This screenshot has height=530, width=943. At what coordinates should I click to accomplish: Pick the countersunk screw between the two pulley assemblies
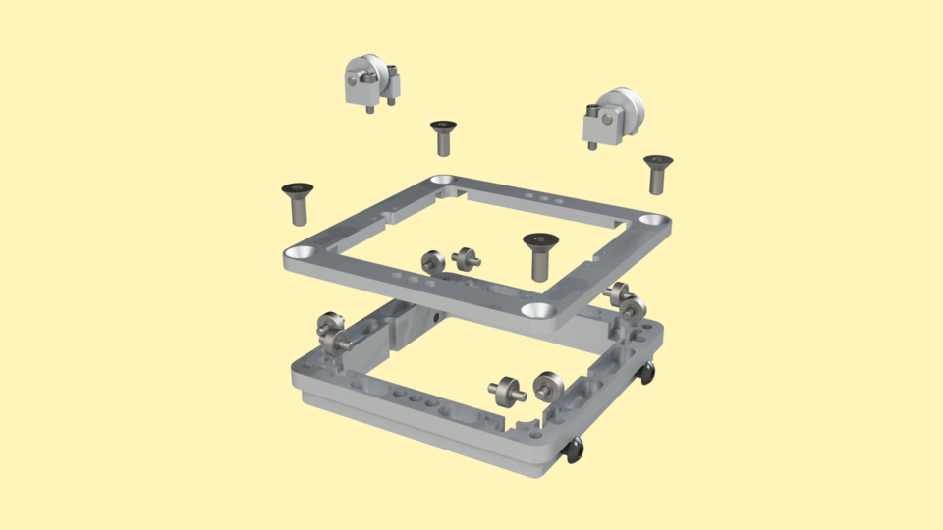[x=443, y=136]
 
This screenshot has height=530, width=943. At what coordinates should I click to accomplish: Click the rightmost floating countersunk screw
[x=657, y=172]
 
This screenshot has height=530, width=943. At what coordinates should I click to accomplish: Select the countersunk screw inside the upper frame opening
[x=538, y=254]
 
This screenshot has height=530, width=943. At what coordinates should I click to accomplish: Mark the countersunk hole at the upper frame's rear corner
[x=442, y=182]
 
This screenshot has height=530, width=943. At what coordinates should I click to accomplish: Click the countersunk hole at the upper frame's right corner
[x=650, y=220]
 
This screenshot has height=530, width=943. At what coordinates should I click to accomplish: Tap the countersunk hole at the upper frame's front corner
[x=537, y=309]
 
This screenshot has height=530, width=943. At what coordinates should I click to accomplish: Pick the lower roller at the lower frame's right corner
[x=632, y=309]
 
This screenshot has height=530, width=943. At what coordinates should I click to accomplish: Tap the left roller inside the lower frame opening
[x=507, y=390]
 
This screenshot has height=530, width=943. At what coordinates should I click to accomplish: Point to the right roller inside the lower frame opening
[x=546, y=384]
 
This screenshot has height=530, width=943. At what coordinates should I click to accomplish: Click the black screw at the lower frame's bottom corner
[x=574, y=450]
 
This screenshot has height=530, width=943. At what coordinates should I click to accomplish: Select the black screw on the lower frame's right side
[x=647, y=372]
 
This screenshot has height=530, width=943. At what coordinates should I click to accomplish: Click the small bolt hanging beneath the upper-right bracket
[x=592, y=145]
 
